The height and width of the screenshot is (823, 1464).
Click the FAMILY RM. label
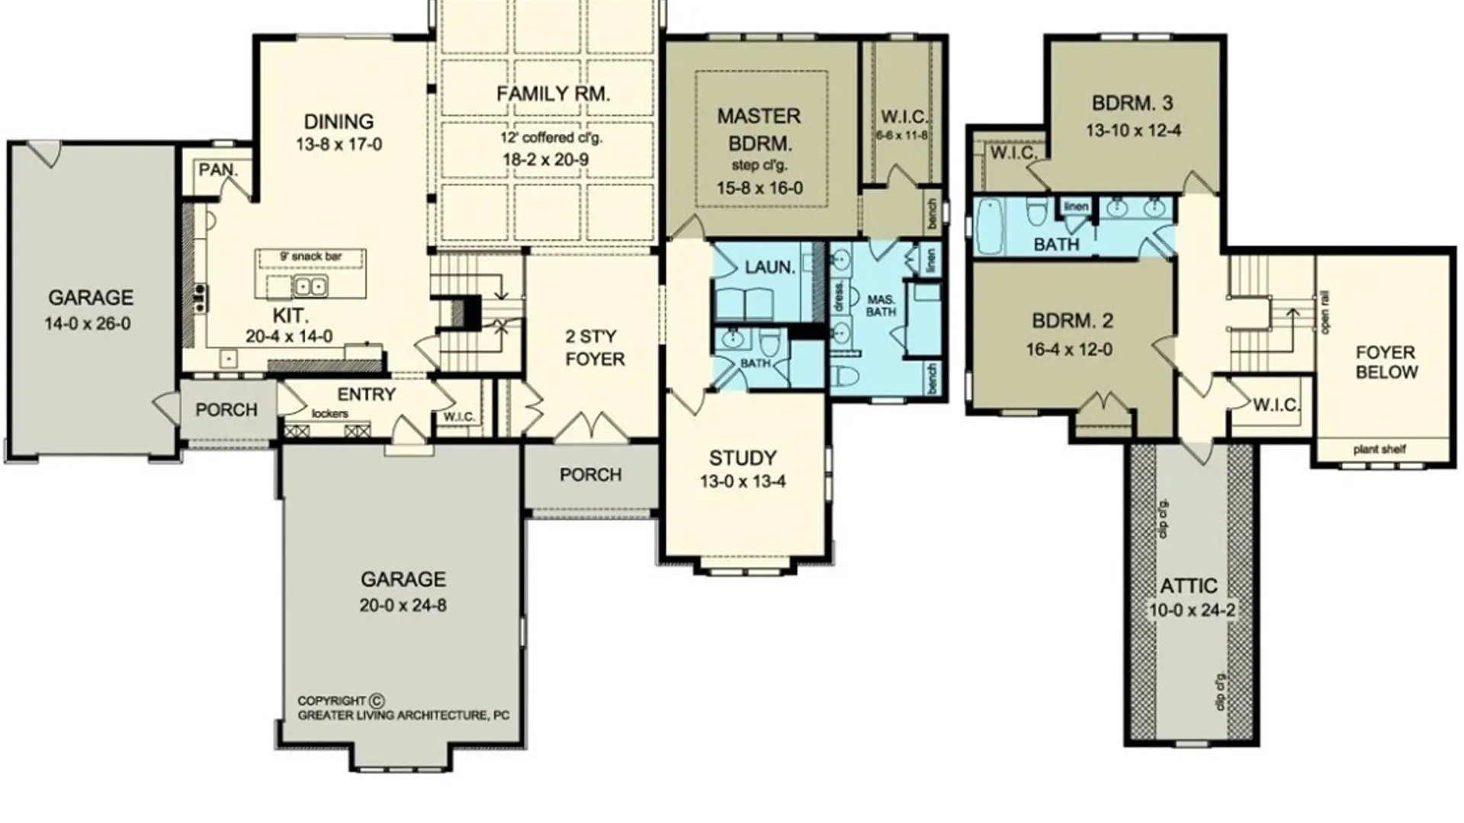(x=553, y=94)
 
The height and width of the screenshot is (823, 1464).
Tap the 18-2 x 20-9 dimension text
(x=545, y=160)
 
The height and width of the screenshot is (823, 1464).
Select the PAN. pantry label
(x=218, y=170)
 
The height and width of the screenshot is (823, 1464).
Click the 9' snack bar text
(x=311, y=257)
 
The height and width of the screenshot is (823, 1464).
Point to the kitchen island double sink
(x=310, y=287)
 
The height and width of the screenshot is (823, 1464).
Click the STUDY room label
(x=743, y=458)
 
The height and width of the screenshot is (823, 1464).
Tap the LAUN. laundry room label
(x=769, y=267)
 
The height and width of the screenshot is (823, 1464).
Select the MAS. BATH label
(x=881, y=306)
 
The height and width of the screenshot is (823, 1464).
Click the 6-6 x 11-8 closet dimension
(x=903, y=136)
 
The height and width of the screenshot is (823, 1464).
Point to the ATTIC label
(x=1189, y=586)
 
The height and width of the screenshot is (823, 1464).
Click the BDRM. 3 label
(x=1132, y=103)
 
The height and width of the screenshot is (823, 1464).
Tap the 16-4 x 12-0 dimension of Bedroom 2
(x=1069, y=350)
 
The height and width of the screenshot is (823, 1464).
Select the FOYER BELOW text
(x=1385, y=363)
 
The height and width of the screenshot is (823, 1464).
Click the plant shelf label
(x=1379, y=450)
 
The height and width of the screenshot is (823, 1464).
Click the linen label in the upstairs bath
(x=1076, y=207)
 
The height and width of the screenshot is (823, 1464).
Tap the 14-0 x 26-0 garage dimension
(x=88, y=324)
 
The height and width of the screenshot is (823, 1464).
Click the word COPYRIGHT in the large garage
(x=332, y=701)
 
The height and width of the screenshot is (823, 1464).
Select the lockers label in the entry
(x=330, y=414)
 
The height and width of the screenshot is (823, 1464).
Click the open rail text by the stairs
(x=1326, y=312)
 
